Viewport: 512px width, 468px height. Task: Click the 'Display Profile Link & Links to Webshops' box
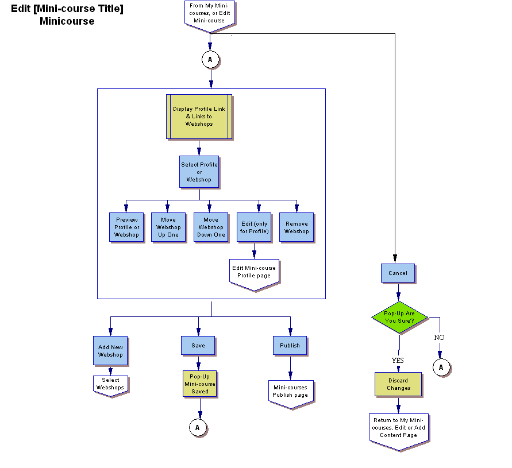pyautogui.click(x=199, y=117)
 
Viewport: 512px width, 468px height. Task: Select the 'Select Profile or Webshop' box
pyautogui.click(x=199, y=172)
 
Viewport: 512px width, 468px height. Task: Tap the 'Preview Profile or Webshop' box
pyautogui.click(x=126, y=227)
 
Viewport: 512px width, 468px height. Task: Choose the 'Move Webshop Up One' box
pyautogui.click(x=168, y=227)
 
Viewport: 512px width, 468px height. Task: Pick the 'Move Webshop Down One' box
pyautogui.click(x=211, y=227)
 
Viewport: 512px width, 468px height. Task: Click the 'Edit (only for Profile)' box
pyautogui.click(x=254, y=227)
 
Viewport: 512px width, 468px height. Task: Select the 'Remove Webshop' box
pyautogui.click(x=297, y=227)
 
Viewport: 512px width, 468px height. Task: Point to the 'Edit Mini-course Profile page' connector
pyautogui.click(x=254, y=272)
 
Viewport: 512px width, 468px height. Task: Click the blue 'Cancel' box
pyautogui.click(x=398, y=273)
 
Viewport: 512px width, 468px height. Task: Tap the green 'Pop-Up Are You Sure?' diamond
pyautogui.click(x=399, y=317)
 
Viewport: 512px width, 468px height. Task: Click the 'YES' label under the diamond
pyautogui.click(x=398, y=361)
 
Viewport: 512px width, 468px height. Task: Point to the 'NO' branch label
pyautogui.click(x=439, y=338)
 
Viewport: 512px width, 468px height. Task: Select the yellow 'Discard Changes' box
pyautogui.click(x=398, y=385)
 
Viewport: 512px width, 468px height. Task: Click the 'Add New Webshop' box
pyautogui.click(x=110, y=351)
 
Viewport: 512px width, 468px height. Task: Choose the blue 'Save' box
pyautogui.click(x=198, y=346)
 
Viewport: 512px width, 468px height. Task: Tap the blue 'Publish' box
pyautogui.click(x=290, y=346)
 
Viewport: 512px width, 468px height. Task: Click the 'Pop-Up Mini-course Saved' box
pyautogui.click(x=200, y=384)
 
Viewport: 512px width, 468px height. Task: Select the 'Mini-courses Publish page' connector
pyautogui.click(x=290, y=392)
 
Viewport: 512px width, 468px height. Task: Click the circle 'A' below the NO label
pyautogui.click(x=441, y=367)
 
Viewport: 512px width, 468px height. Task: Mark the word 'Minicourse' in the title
pyautogui.click(x=67, y=22)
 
